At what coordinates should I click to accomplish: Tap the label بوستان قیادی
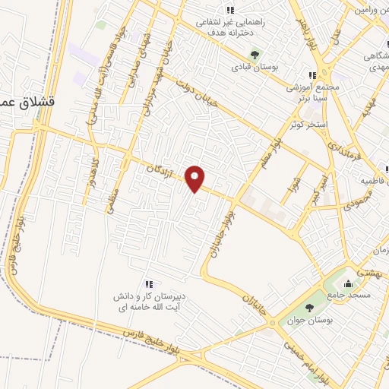255,68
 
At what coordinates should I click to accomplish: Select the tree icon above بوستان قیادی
255,54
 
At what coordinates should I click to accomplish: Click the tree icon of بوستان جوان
309,308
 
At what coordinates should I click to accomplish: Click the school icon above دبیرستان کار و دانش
149,283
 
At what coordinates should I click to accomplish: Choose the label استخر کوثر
307,123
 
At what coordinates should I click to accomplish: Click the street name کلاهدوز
96,170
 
